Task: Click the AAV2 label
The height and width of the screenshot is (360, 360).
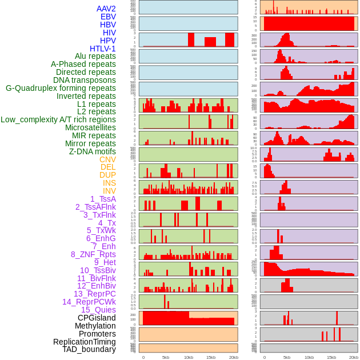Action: coord(106,9)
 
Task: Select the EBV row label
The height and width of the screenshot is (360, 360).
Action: coord(108,17)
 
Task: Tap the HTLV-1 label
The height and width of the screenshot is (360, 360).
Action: coord(103,49)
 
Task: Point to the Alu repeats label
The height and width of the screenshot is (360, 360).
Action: coord(95,57)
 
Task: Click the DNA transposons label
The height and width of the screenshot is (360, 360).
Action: coord(85,80)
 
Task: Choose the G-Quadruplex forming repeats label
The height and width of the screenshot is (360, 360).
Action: coord(61,88)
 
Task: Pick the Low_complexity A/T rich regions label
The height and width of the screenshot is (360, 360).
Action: coord(58,119)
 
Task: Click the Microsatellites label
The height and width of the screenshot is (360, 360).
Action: coord(90,127)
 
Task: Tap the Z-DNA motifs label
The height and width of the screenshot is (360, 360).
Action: coord(93,151)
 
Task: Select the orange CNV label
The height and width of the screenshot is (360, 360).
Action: coord(107,159)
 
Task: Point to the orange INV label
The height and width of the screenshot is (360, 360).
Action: coord(109,191)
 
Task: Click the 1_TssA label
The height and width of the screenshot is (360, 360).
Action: coord(103,199)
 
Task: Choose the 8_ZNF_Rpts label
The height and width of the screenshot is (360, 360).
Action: coord(93,254)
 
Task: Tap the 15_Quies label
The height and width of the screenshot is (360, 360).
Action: coord(98,310)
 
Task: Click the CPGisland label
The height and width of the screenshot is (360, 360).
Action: coord(97,318)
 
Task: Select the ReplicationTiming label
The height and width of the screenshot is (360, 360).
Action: coord(85,342)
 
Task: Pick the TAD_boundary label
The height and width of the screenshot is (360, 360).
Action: coord(89,349)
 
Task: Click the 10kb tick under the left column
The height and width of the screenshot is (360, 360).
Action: coord(188,357)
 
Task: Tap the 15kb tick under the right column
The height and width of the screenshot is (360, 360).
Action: coord(331,357)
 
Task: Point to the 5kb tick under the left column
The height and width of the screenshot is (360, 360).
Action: coord(166,357)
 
